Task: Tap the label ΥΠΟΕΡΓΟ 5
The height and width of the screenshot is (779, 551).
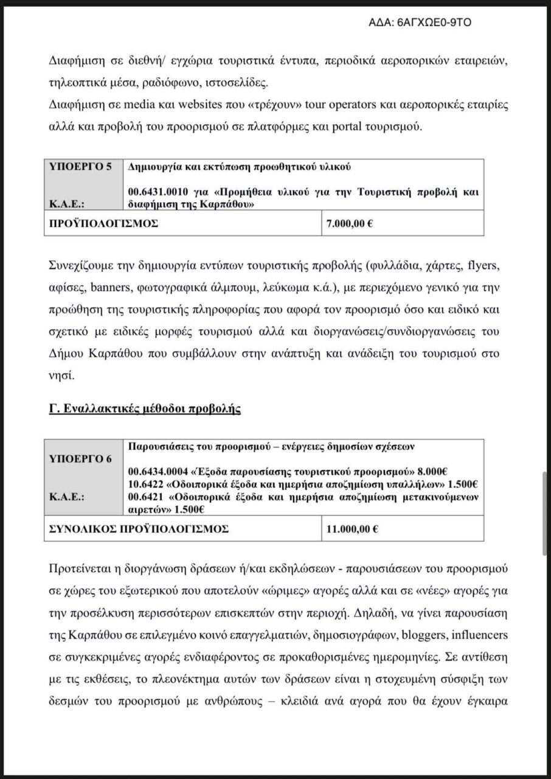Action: [80, 166]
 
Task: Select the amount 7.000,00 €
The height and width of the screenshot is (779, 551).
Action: [350, 223]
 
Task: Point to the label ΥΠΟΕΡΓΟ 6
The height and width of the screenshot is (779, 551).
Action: [80, 459]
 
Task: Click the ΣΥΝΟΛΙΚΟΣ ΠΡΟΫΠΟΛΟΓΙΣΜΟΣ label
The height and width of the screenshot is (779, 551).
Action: [139, 529]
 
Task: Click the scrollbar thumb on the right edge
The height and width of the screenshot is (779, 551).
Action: [545, 512]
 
